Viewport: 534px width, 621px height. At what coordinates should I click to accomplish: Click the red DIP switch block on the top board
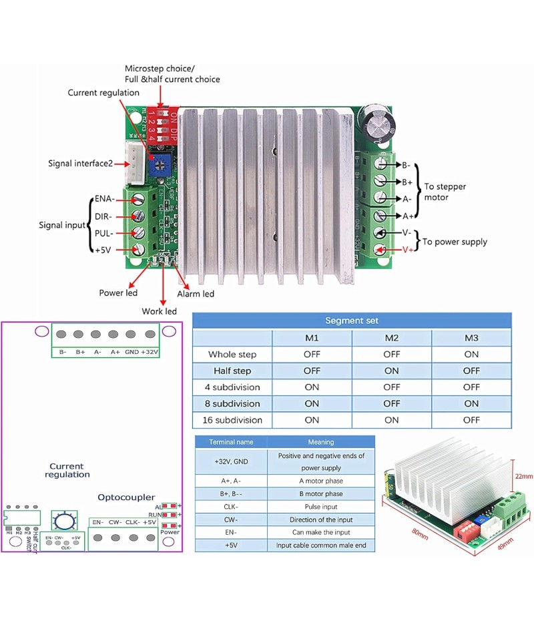(x=162, y=124)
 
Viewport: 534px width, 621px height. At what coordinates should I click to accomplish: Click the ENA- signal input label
(x=105, y=199)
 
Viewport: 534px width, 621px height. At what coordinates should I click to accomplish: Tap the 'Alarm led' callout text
(x=196, y=294)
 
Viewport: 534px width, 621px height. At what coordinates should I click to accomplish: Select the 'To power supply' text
(x=455, y=242)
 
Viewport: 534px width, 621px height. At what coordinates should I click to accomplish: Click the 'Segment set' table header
(x=352, y=321)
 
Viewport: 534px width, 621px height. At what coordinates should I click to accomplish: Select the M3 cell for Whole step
(x=471, y=354)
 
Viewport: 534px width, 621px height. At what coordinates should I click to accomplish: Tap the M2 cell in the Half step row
(x=392, y=371)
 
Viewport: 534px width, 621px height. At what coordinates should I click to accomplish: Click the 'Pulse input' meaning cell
(x=321, y=507)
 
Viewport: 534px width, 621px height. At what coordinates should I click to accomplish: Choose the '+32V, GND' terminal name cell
(x=230, y=461)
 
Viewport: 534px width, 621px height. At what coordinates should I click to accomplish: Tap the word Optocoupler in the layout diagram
(x=126, y=497)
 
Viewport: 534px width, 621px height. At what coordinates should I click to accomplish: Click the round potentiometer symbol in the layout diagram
(x=63, y=521)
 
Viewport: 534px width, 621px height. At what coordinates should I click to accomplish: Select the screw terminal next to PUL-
(x=140, y=232)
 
